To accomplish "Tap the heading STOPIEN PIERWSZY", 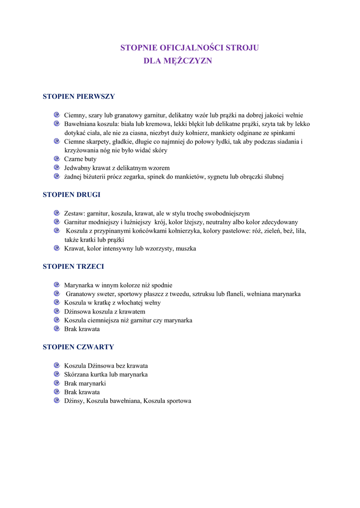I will (78, 96).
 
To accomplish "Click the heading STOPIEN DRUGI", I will (72, 194).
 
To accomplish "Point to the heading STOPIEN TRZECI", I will (73, 266).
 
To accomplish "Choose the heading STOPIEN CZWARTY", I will (78, 347).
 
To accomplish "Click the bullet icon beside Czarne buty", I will (57, 159).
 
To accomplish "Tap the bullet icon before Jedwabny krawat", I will (57, 168).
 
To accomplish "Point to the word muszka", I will (186, 249).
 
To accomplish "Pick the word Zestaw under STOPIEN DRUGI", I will (74, 213).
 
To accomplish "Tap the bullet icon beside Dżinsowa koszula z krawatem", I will (57, 311).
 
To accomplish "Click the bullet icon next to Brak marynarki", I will (57, 383).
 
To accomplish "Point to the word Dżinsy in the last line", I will (73, 401).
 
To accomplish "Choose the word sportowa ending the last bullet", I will (179, 401).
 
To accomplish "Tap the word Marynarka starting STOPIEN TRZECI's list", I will (79, 285).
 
